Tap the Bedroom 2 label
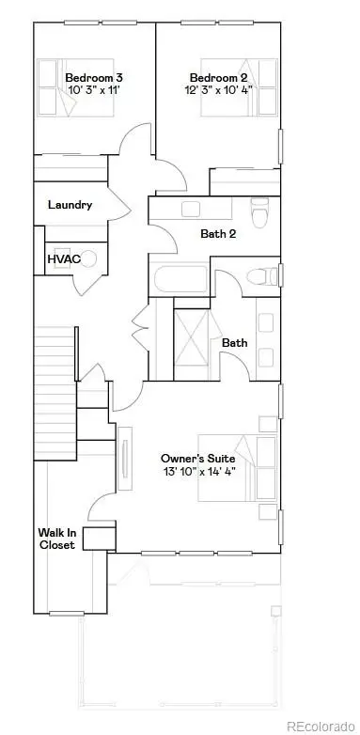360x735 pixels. tap(217, 77)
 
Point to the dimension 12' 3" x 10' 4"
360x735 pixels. tap(217, 92)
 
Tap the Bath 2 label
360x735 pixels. tap(218, 234)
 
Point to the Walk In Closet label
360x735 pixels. tap(55, 539)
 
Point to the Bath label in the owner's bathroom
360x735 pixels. tap(234, 343)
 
